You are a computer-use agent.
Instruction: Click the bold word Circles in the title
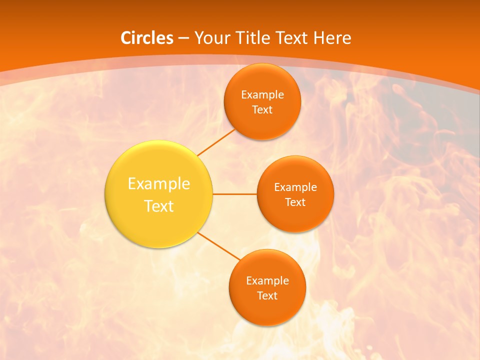[x=146, y=38]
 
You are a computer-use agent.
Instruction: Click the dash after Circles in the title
[x=183, y=38]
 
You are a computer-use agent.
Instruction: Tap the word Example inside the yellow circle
[x=159, y=184]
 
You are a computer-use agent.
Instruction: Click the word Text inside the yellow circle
[x=159, y=206]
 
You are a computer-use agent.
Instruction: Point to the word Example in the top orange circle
[x=262, y=94]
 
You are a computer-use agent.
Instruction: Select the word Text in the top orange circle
[x=262, y=109]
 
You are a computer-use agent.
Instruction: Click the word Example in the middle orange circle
[x=295, y=187]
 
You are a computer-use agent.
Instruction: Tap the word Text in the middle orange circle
[x=295, y=202]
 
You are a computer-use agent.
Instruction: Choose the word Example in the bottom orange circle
[x=267, y=280]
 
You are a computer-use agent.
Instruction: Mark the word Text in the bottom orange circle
[x=267, y=295]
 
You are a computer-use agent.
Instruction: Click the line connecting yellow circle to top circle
[x=216, y=142]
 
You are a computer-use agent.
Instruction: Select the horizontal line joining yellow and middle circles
[x=235, y=194]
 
